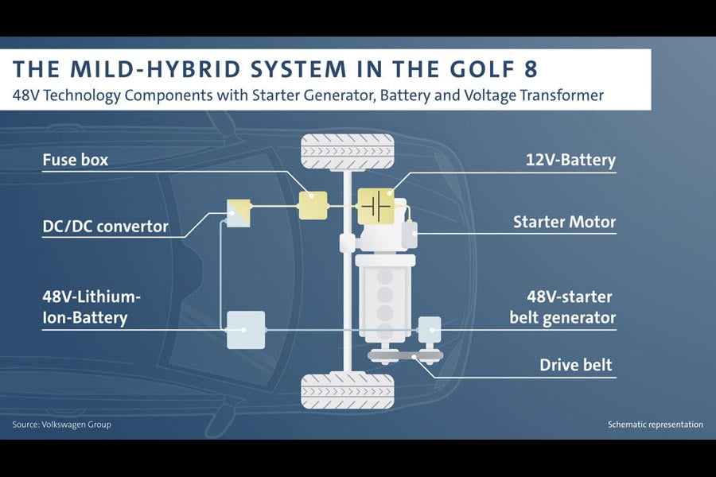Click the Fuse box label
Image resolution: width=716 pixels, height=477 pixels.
(75, 160)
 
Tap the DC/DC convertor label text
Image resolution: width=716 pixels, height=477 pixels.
(105, 227)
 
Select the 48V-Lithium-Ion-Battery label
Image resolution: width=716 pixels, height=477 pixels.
(91, 308)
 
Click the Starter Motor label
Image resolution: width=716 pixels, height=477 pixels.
(564, 222)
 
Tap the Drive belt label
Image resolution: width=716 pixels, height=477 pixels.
(576, 365)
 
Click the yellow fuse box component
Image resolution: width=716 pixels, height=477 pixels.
(312, 205)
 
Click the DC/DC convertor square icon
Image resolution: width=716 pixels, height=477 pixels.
(238, 212)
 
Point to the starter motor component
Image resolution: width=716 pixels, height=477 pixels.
(410, 232)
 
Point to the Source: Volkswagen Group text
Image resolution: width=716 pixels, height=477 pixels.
(62, 425)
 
